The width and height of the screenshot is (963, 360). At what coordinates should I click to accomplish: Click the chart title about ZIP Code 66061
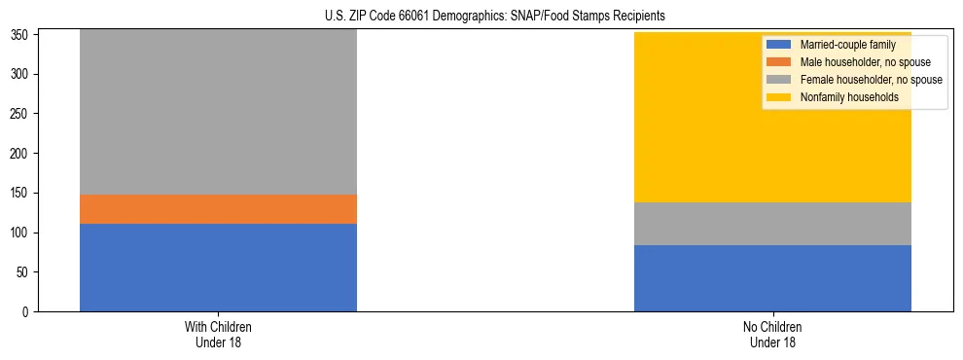495,17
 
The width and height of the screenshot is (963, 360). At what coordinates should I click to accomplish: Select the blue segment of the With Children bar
218,268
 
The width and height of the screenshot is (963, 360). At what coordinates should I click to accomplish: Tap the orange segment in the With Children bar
218,209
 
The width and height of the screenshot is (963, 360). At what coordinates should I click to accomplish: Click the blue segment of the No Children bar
772,278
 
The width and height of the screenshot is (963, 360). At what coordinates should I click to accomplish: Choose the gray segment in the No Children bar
772,224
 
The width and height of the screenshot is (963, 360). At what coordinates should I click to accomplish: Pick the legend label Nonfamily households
842,97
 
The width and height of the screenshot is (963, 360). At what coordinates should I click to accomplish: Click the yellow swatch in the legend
779,97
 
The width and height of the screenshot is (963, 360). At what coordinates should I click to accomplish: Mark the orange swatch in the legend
779,62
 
